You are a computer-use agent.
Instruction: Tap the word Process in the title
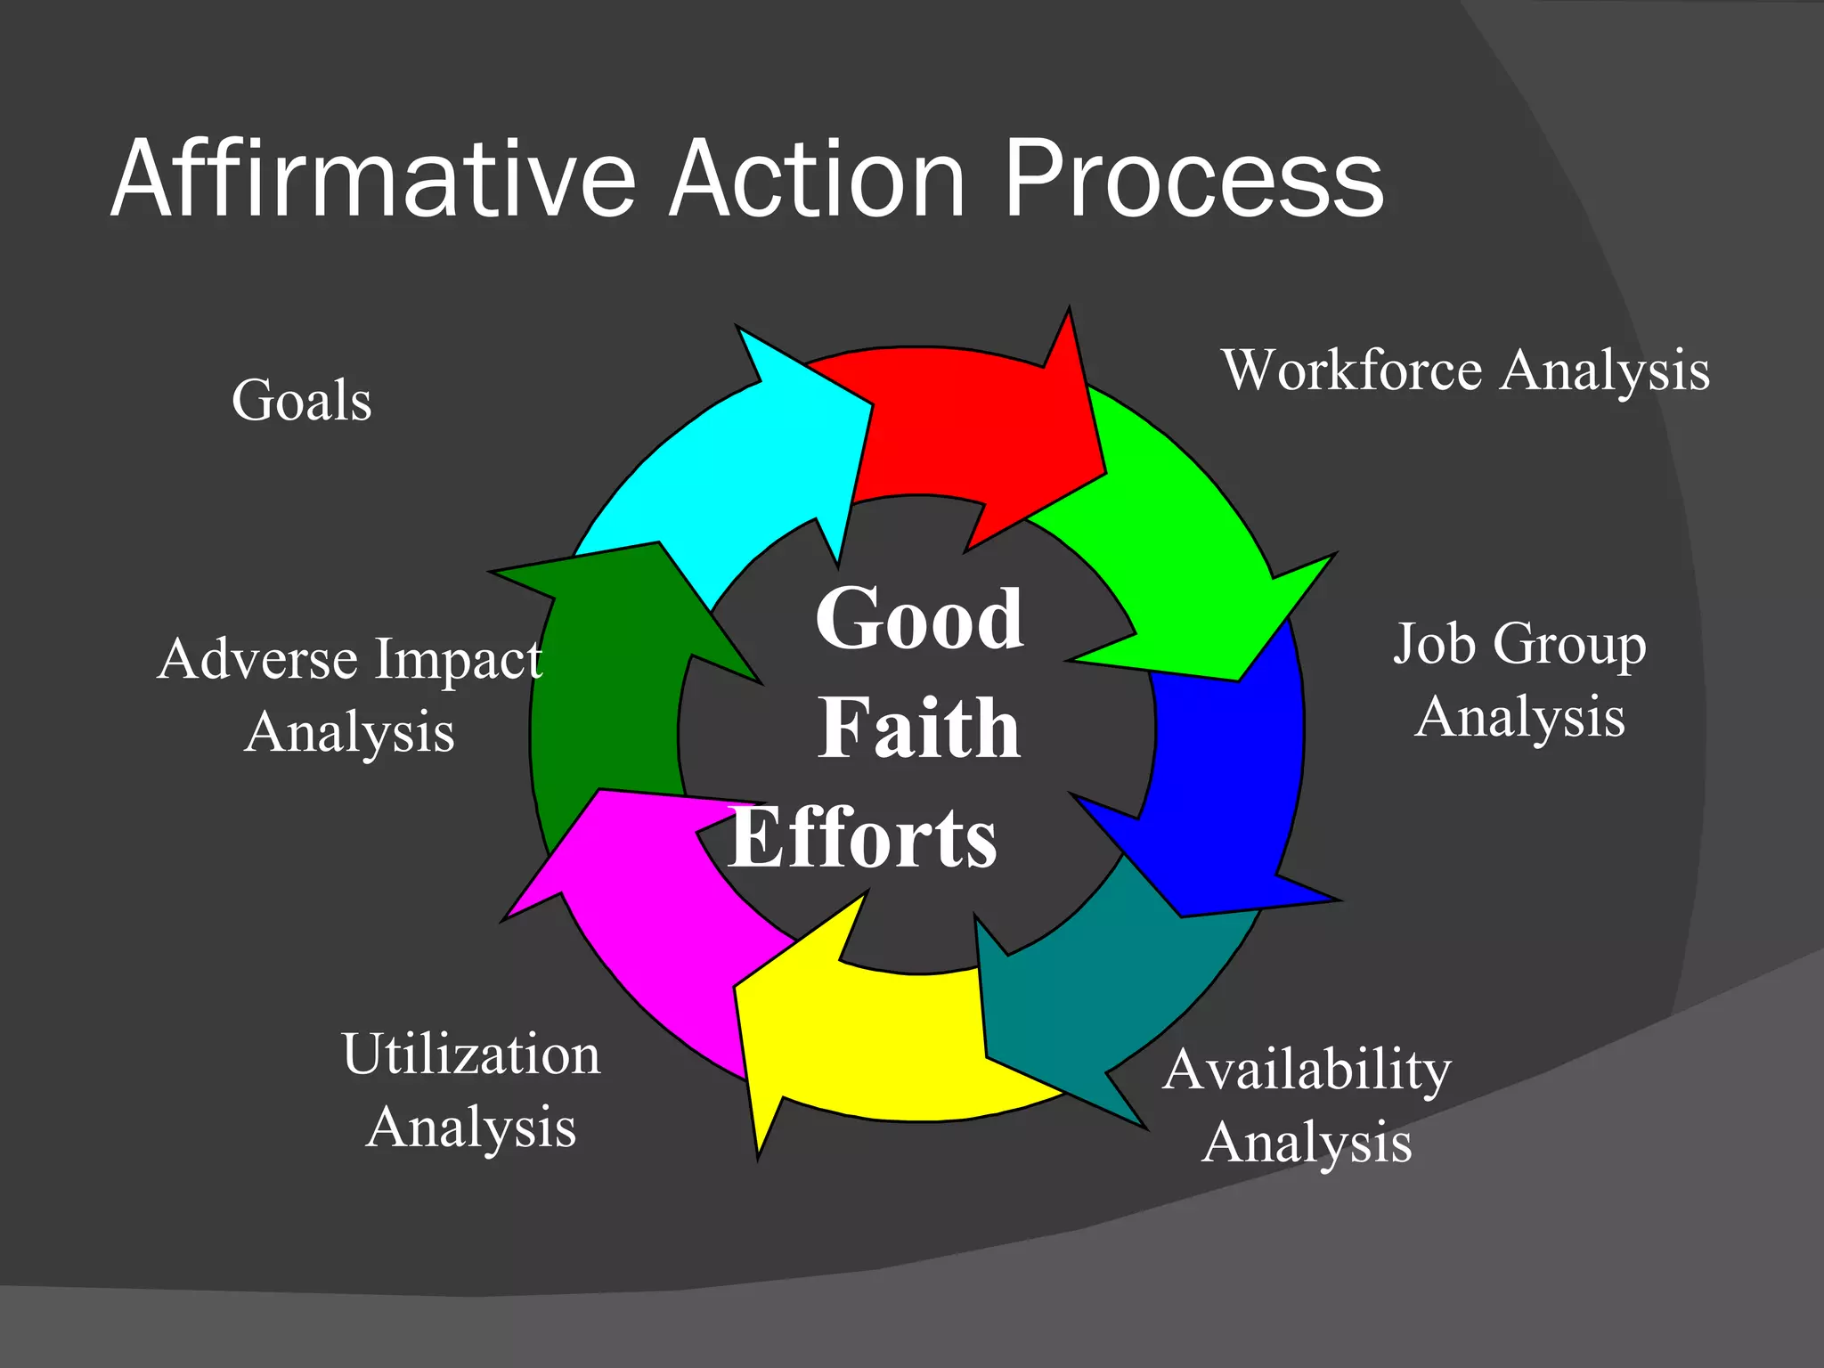click(x=1193, y=180)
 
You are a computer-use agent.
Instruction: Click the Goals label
click(x=301, y=400)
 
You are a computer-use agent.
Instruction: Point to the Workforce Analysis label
click(x=1465, y=370)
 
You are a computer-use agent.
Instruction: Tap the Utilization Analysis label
click(x=471, y=1090)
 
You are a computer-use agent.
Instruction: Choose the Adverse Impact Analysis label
click(x=350, y=695)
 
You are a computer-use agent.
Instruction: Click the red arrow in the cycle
click(x=971, y=427)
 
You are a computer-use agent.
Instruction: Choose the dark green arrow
click(x=615, y=695)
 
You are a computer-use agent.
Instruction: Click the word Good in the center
click(x=919, y=618)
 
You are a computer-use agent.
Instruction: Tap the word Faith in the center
click(x=919, y=728)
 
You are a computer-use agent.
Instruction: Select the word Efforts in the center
click(x=862, y=837)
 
